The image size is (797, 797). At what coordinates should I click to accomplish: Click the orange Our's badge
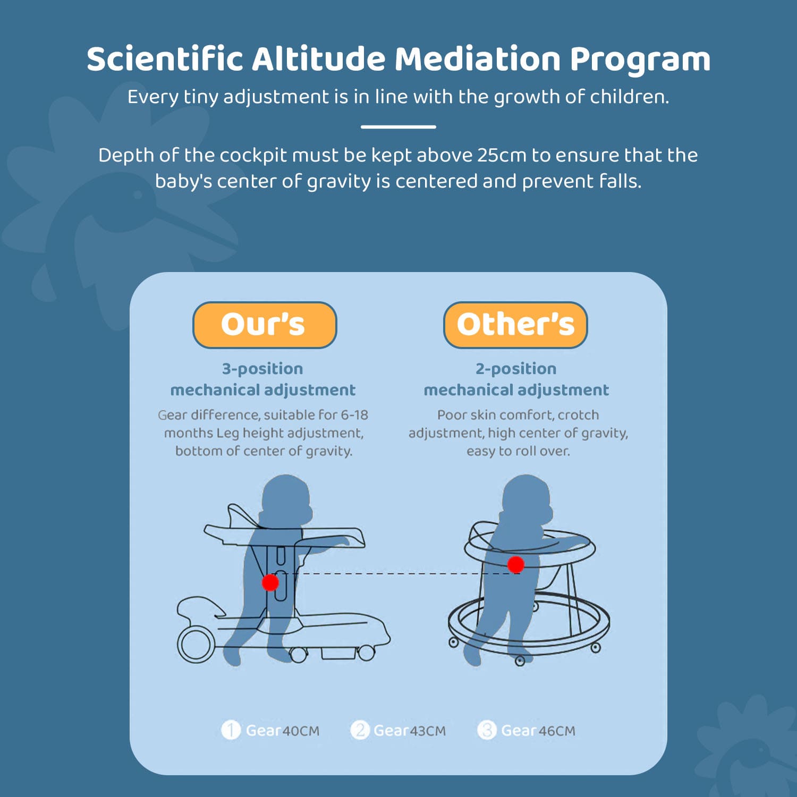(265, 325)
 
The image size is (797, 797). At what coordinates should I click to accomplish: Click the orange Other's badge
(515, 325)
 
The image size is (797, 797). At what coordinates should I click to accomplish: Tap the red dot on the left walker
(270, 582)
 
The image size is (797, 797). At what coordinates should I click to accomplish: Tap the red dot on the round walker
(515, 564)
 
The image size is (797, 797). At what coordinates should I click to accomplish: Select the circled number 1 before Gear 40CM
(231, 730)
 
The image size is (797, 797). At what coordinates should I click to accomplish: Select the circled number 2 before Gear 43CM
(360, 730)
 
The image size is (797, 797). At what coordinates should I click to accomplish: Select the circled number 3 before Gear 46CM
(487, 730)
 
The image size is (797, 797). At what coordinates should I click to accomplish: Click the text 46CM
(557, 731)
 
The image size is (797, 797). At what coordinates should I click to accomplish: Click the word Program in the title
(640, 60)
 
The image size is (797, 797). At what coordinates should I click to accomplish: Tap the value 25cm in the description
(502, 155)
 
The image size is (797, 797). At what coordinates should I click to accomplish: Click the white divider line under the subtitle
(398, 127)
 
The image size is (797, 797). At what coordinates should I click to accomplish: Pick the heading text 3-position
(262, 369)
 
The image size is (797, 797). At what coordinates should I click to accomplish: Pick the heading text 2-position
(516, 369)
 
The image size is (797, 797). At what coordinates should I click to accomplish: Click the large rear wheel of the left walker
(196, 644)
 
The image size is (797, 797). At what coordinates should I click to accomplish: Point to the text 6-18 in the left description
(354, 415)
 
